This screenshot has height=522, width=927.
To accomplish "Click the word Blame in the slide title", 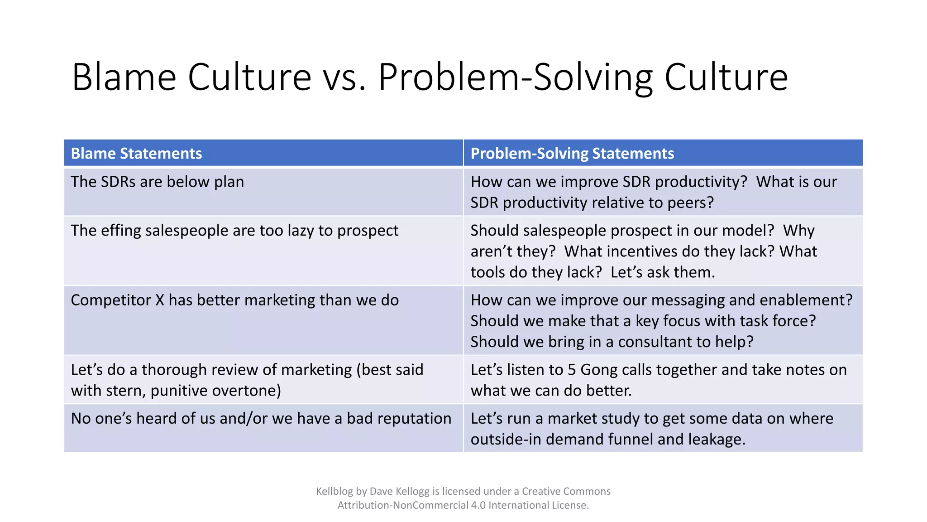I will (x=124, y=77).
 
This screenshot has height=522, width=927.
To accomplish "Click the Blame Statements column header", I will (x=136, y=154).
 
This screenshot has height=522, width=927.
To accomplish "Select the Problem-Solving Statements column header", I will (x=572, y=154).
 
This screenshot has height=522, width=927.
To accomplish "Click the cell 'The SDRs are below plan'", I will (x=157, y=182).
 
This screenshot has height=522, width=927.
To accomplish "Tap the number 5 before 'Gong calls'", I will (x=572, y=370).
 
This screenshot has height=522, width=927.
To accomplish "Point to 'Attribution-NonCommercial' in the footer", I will (x=402, y=505).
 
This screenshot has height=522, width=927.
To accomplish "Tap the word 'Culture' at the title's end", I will (x=726, y=77).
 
